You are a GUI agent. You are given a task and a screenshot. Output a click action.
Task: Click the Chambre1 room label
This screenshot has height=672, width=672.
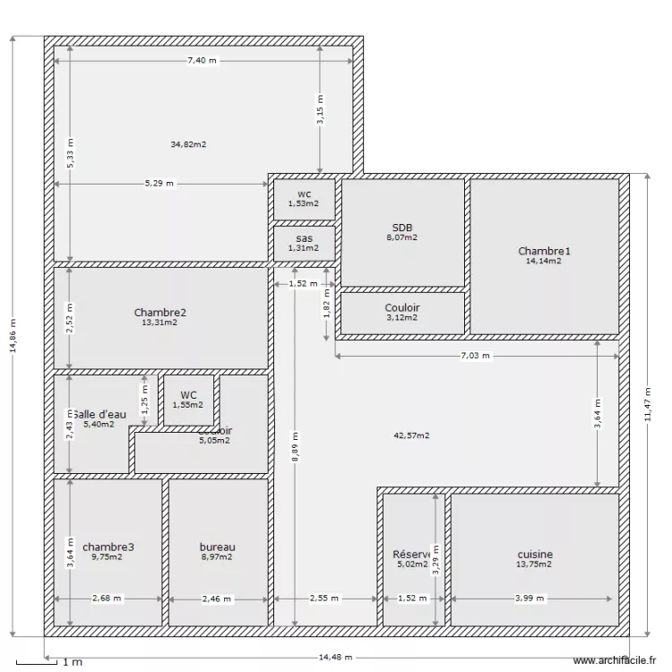544,251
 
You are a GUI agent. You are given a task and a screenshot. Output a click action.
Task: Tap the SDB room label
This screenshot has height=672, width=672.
402,227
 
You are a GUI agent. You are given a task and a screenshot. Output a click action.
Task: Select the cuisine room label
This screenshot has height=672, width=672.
534,555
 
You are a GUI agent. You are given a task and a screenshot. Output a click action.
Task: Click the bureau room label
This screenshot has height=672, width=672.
217,547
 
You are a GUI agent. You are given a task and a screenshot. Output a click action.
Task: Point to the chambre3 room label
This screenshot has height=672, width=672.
108,547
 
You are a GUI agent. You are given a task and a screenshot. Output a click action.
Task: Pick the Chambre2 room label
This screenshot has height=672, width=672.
159,313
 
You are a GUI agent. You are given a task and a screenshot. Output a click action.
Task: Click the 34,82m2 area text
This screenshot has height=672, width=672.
188,144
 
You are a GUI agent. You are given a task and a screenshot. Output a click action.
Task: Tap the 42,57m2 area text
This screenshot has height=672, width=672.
411,436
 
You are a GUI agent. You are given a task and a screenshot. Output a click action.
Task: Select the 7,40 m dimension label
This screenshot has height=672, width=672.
202,61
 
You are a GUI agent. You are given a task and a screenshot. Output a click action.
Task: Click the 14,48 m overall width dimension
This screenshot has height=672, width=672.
336,658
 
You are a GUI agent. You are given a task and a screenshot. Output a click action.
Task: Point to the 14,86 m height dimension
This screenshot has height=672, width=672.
13,338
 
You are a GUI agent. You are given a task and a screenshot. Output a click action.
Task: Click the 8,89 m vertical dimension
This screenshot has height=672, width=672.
295,447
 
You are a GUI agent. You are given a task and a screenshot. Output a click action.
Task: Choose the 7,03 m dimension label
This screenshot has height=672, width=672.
475,356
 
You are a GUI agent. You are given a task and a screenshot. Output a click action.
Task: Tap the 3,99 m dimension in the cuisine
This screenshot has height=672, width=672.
534,599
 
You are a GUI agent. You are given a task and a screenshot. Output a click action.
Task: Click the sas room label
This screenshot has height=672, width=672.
304,238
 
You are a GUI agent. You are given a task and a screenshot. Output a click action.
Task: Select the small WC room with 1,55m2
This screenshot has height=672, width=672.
188,400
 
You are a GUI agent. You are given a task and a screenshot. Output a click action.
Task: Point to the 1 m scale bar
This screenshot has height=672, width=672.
45,663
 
